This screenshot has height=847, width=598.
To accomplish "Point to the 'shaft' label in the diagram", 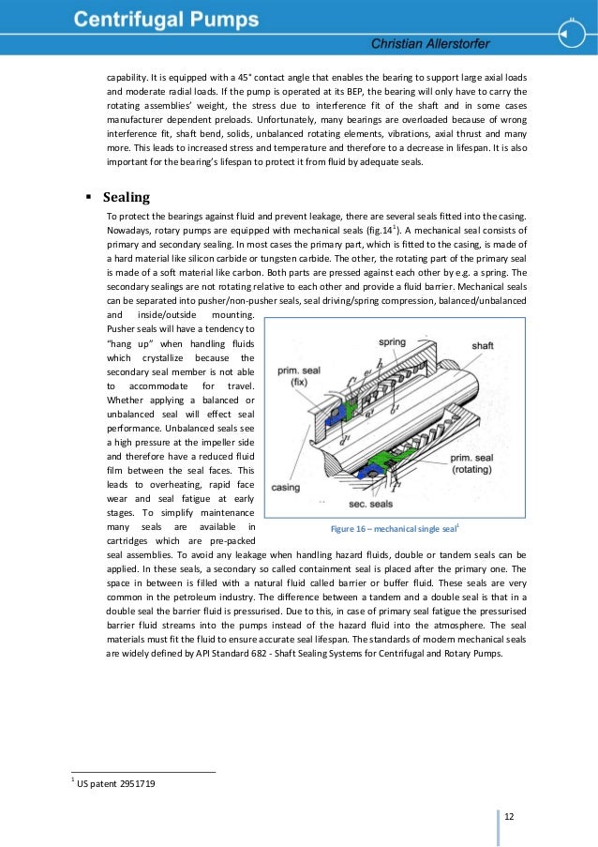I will [482, 345].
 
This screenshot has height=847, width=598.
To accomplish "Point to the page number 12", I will [509, 815].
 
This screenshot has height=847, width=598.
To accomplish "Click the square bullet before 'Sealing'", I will [88, 198].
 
